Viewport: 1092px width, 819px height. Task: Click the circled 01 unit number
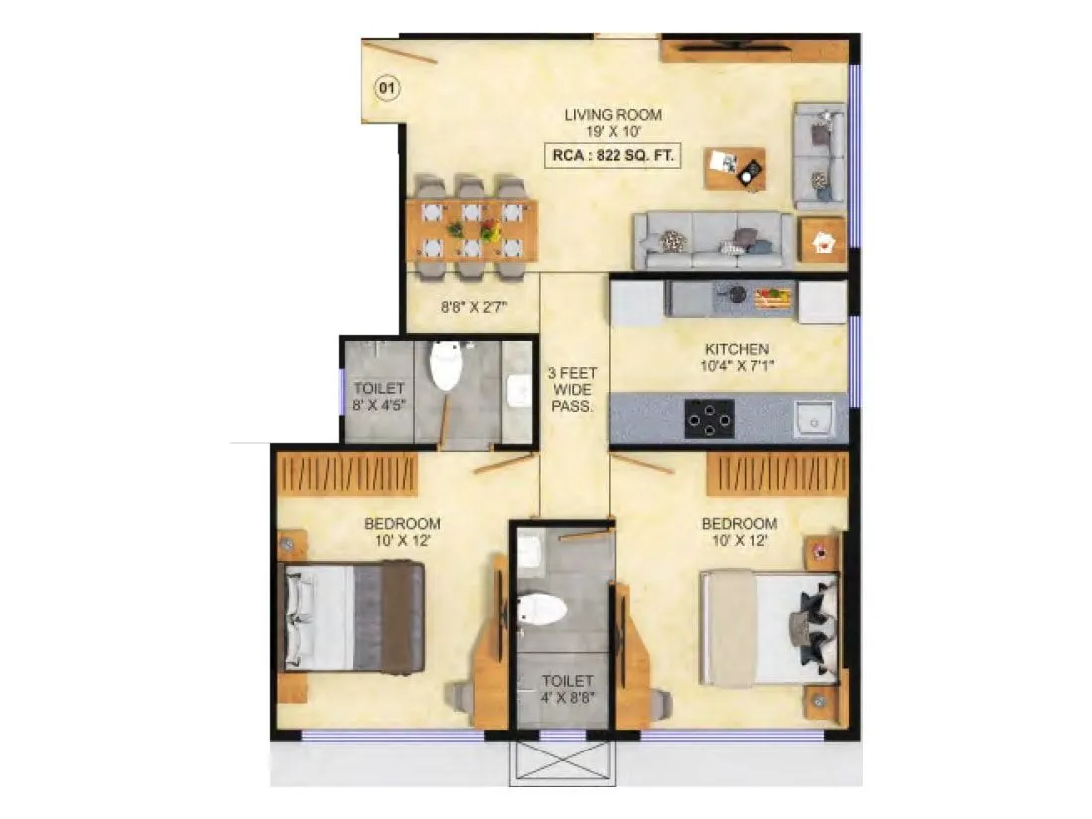pyautogui.click(x=387, y=89)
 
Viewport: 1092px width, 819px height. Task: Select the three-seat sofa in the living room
pyautogui.click(x=715, y=240)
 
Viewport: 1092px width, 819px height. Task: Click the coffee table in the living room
pyautogui.click(x=735, y=169)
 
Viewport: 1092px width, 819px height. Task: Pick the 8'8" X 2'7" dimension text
pyautogui.click(x=474, y=307)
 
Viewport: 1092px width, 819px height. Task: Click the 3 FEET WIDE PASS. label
pyautogui.click(x=574, y=390)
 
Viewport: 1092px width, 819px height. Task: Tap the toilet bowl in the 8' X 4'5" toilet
pyautogui.click(x=445, y=365)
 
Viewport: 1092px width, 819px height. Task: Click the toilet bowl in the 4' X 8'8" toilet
pyautogui.click(x=542, y=608)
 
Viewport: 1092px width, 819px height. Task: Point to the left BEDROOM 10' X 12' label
pyautogui.click(x=402, y=532)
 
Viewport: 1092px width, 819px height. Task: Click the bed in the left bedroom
pyautogui.click(x=353, y=614)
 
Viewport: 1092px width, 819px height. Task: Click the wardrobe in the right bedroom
pyautogui.click(x=777, y=474)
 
